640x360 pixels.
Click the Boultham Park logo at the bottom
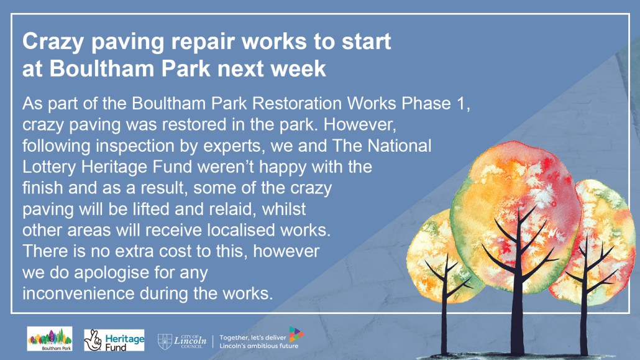tap(50, 339)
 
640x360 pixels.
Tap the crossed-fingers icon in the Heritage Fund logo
tap(93, 340)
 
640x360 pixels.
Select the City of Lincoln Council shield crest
tap(165, 341)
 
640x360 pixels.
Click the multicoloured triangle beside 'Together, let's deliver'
tap(296, 334)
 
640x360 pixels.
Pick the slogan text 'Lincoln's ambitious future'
tap(258, 346)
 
